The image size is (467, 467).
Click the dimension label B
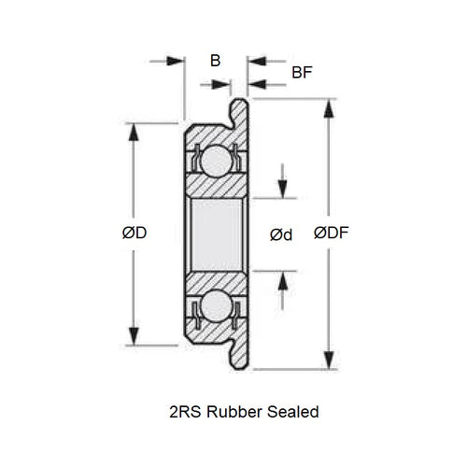coord(215,62)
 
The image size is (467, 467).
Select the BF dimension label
coord(302,72)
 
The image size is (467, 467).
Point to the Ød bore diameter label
coord(280,234)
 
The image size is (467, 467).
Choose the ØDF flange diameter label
coord(332,233)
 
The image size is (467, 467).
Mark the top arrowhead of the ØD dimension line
coord(134,132)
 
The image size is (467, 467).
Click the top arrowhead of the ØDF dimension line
coord(329,108)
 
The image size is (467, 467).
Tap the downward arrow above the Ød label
coord(282,187)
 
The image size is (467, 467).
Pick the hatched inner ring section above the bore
coord(216,188)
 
